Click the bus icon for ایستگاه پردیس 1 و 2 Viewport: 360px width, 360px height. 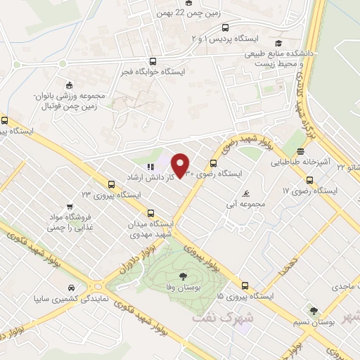pos(224,28)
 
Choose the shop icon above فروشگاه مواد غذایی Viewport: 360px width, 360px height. pos(69,207)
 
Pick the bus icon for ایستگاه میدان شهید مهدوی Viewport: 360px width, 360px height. pos(150,213)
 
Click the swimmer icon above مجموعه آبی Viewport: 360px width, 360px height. pos(245,194)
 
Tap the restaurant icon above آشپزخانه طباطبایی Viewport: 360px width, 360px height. pos(300,151)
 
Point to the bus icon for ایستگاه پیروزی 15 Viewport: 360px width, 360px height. pos(245,285)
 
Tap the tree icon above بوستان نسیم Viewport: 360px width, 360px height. pos(314,310)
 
